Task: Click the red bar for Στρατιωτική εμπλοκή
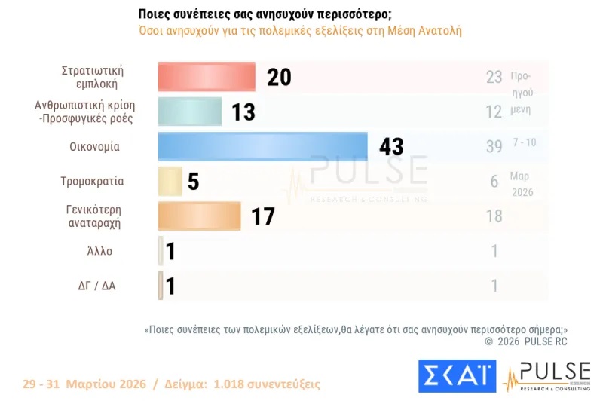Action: point(207,77)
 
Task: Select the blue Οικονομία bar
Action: point(262,146)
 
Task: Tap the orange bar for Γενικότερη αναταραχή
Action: point(199,216)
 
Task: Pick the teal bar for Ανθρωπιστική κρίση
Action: point(190,112)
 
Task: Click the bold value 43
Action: point(391,146)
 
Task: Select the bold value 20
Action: point(278,77)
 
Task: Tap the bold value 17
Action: point(262,216)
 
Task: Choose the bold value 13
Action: point(243,112)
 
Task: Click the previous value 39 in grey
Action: point(494,146)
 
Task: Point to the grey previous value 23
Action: point(494,77)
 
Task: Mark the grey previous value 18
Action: point(494,216)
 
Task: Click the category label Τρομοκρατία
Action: point(92,182)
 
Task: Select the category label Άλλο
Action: point(99,251)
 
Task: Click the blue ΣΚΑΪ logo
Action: point(457,375)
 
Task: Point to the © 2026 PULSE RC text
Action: point(525,341)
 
